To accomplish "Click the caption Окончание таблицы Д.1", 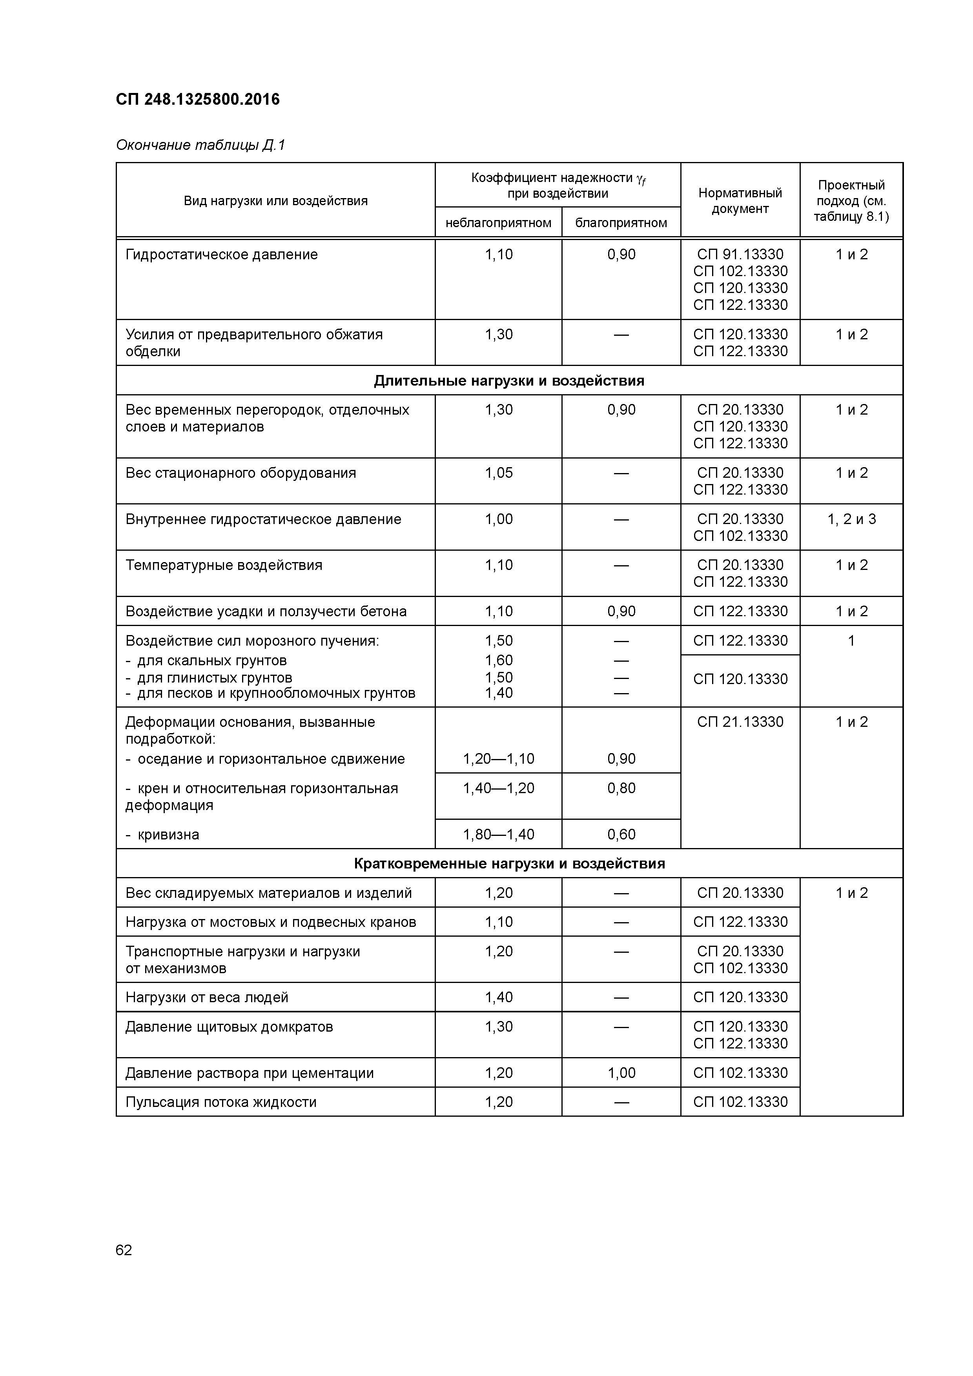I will pyautogui.click(x=200, y=145).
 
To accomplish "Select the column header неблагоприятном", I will pyautogui.click(x=498, y=223).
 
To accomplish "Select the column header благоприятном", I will pyautogui.click(x=621, y=223).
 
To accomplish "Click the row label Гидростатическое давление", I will pyautogui.click(x=222, y=255).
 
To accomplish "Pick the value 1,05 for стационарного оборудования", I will pyautogui.click(x=499, y=473).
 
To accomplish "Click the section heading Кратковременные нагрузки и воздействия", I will pyautogui.click(x=509, y=864).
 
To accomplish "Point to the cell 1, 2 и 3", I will pyautogui.click(x=851, y=519).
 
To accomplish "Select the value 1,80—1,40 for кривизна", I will pyautogui.click(x=499, y=834).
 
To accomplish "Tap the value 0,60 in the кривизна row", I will pyautogui.click(x=621, y=834).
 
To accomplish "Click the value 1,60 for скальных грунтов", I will pyautogui.click(x=499, y=660).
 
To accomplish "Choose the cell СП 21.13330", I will pyautogui.click(x=740, y=722).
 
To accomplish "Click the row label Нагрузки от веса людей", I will pyautogui.click(x=207, y=997).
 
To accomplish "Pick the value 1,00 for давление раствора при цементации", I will pyautogui.click(x=621, y=1073).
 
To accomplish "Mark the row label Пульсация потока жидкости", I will pyautogui.click(x=221, y=1102).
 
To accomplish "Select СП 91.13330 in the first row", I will pyautogui.click(x=740, y=254).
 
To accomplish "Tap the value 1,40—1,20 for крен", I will pyautogui.click(x=499, y=788).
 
